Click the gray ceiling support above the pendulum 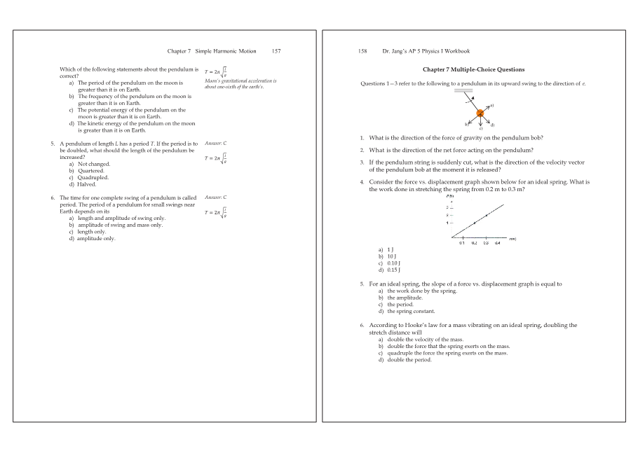pos(463,90)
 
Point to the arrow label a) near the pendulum pos(491,105)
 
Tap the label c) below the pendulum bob pos(480,129)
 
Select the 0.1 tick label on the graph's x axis pos(462,242)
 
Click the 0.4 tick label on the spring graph pos(497,242)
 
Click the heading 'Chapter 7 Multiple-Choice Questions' pos(473,69)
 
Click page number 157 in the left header pos(276,51)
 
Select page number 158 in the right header pos(362,51)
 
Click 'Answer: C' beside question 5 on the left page pos(215,144)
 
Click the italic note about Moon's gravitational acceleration pos(240,83)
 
